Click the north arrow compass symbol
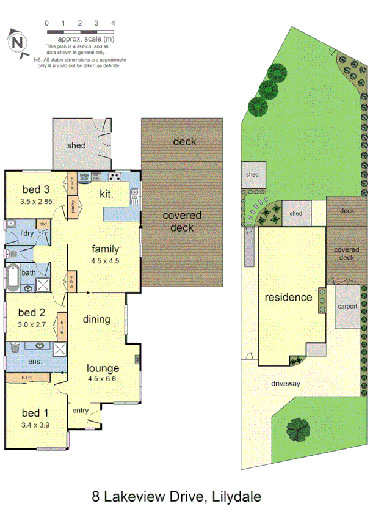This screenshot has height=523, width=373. (18, 43)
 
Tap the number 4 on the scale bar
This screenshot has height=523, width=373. (113, 23)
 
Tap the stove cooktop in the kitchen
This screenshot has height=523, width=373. (114, 178)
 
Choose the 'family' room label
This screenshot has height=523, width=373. (106, 249)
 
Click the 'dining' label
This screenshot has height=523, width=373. (96, 319)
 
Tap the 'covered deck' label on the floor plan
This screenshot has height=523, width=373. (182, 221)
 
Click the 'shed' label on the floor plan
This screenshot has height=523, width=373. (76, 145)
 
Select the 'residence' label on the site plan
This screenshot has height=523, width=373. (288, 298)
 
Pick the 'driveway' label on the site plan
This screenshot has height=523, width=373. (286, 384)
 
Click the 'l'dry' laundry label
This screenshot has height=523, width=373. (26, 233)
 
